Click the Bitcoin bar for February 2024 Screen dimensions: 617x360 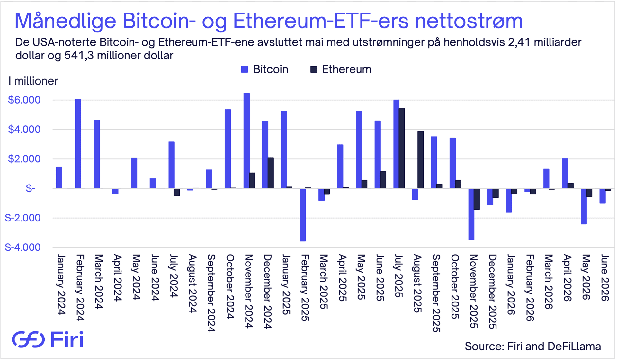point(78,144)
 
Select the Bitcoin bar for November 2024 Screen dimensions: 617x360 point(246,141)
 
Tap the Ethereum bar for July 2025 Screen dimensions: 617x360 point(402,148)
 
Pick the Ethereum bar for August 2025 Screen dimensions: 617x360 point(420,160)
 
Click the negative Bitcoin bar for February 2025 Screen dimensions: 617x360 point(303,215)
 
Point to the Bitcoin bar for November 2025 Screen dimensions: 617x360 point(471,214)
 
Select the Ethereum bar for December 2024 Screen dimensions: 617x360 point(271,173)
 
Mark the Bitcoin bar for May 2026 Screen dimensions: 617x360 point(584,206)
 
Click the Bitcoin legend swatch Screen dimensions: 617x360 point(245,69)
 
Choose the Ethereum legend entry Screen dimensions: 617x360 point(341,69)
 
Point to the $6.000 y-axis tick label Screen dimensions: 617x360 point(24,100)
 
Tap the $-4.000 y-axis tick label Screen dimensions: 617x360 point(23,247)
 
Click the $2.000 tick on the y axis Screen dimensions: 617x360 point(24,159)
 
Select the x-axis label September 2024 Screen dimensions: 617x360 point(211,293)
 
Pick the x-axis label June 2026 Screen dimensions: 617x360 point(605,278)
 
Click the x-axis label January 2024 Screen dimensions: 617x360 point(61,284)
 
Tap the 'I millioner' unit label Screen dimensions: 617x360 point(33,81)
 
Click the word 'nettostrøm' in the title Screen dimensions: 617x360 point(469,21)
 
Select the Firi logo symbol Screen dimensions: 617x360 point(28,339)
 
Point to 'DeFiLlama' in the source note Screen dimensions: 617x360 point(574,346)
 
